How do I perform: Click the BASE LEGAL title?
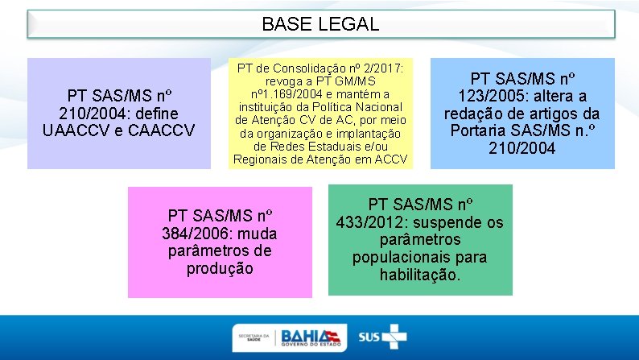pos(320,24)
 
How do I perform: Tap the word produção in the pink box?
pos(220,268)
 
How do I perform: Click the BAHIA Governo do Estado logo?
pos(311,337)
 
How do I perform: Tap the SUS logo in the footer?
pos(382,336)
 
